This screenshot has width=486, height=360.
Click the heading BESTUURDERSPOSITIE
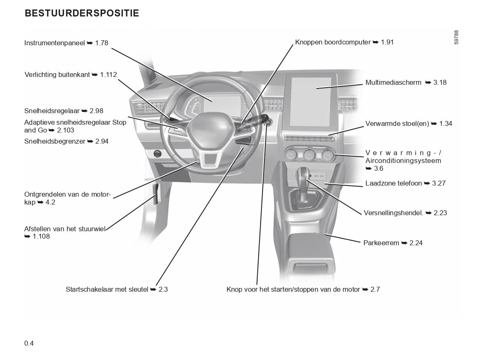point(82,14)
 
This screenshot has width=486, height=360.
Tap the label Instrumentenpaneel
point(54,43)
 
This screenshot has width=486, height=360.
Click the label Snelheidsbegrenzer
point(55,141)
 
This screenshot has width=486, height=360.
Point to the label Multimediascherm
point(393,82)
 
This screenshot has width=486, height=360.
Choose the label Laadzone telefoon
point(393,183)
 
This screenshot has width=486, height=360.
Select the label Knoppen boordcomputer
point(333,42)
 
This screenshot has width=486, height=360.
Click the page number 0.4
point(29,343)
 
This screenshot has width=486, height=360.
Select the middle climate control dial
point(309,155)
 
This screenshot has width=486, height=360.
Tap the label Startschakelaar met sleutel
point(107,289)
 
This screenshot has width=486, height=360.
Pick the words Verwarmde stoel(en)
point(397,123)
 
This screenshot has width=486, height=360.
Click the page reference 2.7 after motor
point(375,289)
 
